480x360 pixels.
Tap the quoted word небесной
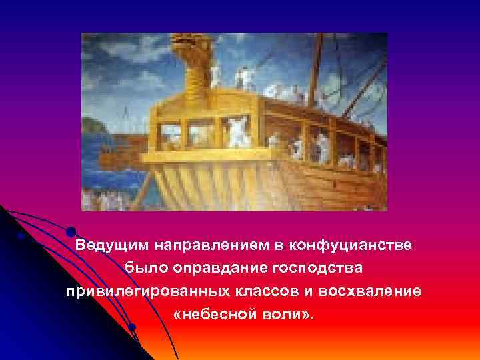215,315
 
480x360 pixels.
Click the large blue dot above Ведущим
71,231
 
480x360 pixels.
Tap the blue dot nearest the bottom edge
132,327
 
